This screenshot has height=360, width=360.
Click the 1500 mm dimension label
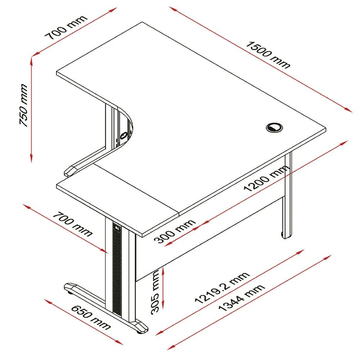(x=268, y=55)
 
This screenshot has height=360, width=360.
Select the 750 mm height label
(x=23, y=105)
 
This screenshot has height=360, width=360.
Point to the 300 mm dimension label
(x=175, y=231)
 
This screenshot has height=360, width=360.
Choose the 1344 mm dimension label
(x=242, y=298)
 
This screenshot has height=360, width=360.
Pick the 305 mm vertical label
(x=155, y=292)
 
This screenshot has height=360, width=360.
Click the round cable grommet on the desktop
(x=275, y=127)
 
